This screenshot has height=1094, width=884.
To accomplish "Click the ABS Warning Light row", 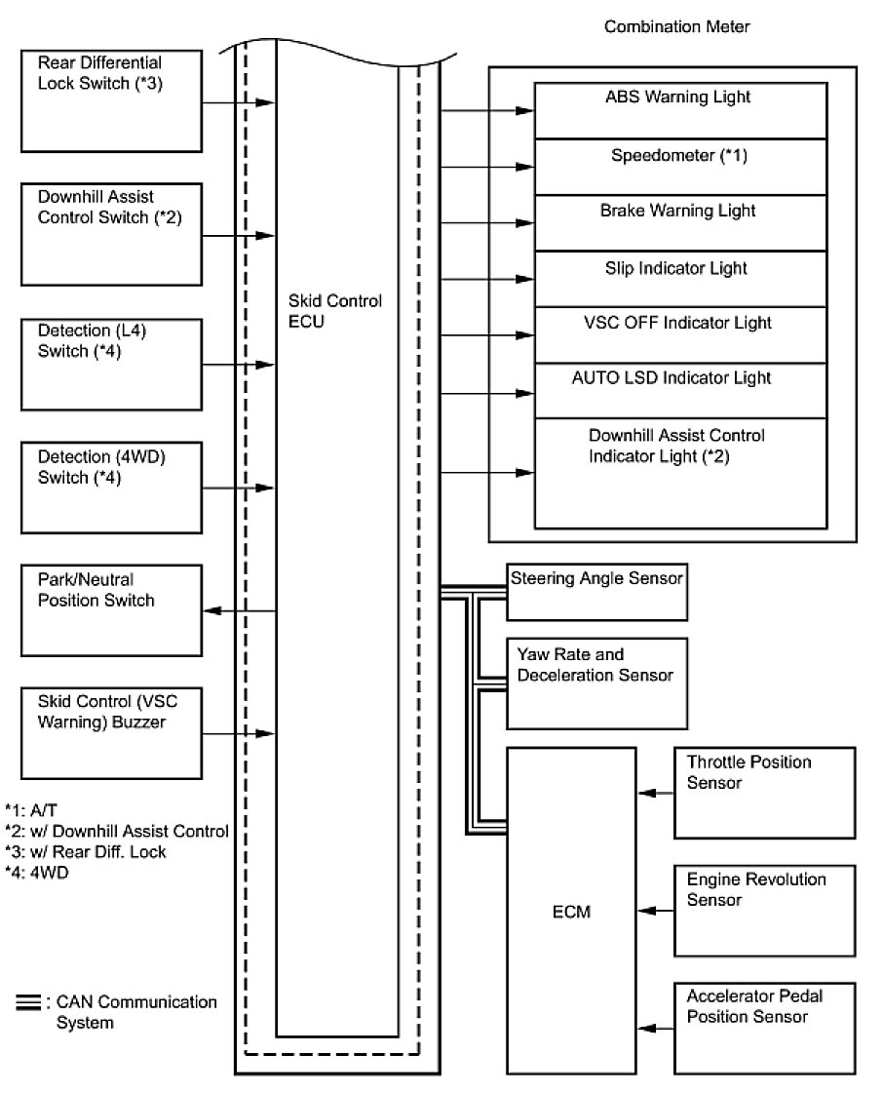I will coord(680,110).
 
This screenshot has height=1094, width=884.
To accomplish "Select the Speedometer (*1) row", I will coord(680,167).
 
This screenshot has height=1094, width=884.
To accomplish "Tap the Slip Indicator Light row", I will coord(680,280).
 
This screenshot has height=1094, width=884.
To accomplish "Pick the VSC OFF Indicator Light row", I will coord(680,335).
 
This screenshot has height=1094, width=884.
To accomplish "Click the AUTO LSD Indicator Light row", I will coord(680,391).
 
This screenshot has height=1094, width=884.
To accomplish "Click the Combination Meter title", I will coord(678,26).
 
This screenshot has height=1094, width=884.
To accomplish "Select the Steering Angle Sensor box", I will coord(596,590).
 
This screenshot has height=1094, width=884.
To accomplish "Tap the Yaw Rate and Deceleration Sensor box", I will coord(596,684).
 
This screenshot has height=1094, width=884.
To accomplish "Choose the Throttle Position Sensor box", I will coord(764,793).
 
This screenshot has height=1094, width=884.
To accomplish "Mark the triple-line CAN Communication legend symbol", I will coord(28,1001).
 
